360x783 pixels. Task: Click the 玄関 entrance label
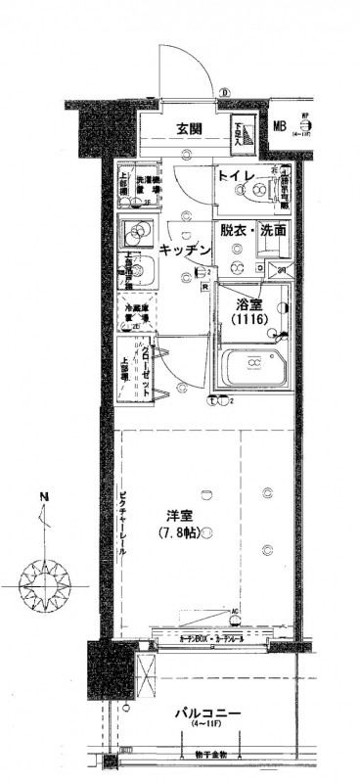pyautogui.click(x=190, y=128)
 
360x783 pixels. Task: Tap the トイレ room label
pyautogui.click(x=237, y=177)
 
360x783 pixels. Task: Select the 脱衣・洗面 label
pyautogui.click(x=252, y=231)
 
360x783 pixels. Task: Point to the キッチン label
pyautogui.click(x=185, y=251)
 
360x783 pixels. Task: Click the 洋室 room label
pyautogui.click(x=178, y=517)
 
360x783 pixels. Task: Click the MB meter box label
pyautogui.click(x=280, y=125)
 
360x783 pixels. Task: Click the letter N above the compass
pyautogui.click(x=43, y=498)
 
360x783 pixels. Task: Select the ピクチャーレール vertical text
pyautogui.click(x=121, y=523)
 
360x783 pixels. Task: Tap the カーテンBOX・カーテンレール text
pyautogui.click(x=211, y=638)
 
